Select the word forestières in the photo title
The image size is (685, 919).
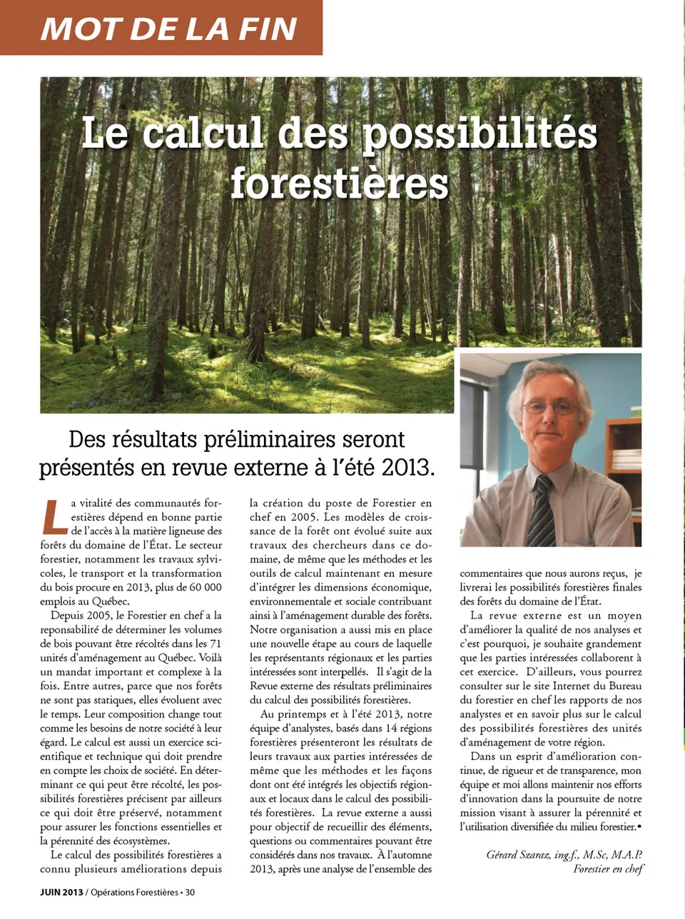tap(340, 183)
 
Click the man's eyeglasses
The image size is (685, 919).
tap(550, 408)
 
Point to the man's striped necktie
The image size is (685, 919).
tap(542, 511)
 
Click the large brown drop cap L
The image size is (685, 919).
tap(54, 517)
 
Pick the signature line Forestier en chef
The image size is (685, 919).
tap(608, 869)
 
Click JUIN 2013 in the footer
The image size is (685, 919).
tap(61, 892)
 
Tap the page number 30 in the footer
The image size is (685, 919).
tap(190, 892)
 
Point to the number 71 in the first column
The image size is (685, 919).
tap(215, 643)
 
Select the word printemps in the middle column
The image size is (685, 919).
tap(300, 714)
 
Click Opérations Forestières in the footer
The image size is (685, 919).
tap(134, 892)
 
